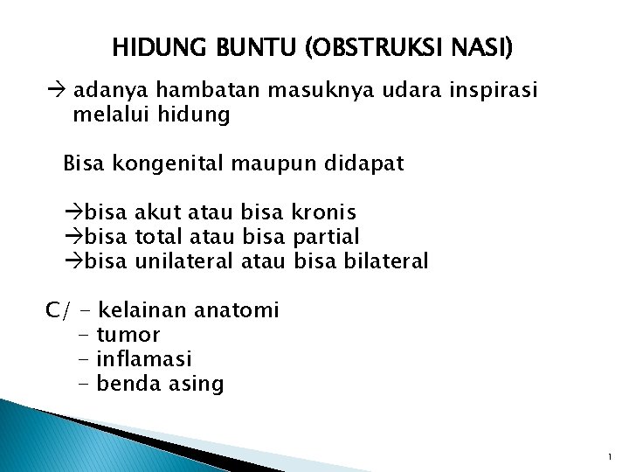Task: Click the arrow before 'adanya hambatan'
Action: click(x=55, y=92)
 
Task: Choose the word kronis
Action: click(x=322, y=212)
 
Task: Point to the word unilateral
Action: click(x=183, y=260)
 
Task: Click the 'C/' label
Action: click(x=59, y=310)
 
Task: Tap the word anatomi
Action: click(x=236, y=309)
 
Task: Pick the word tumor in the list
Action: click(x=128, y=335)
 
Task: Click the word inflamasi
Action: click(x=144, y=358)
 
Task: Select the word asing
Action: click(x=196, y=384)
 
